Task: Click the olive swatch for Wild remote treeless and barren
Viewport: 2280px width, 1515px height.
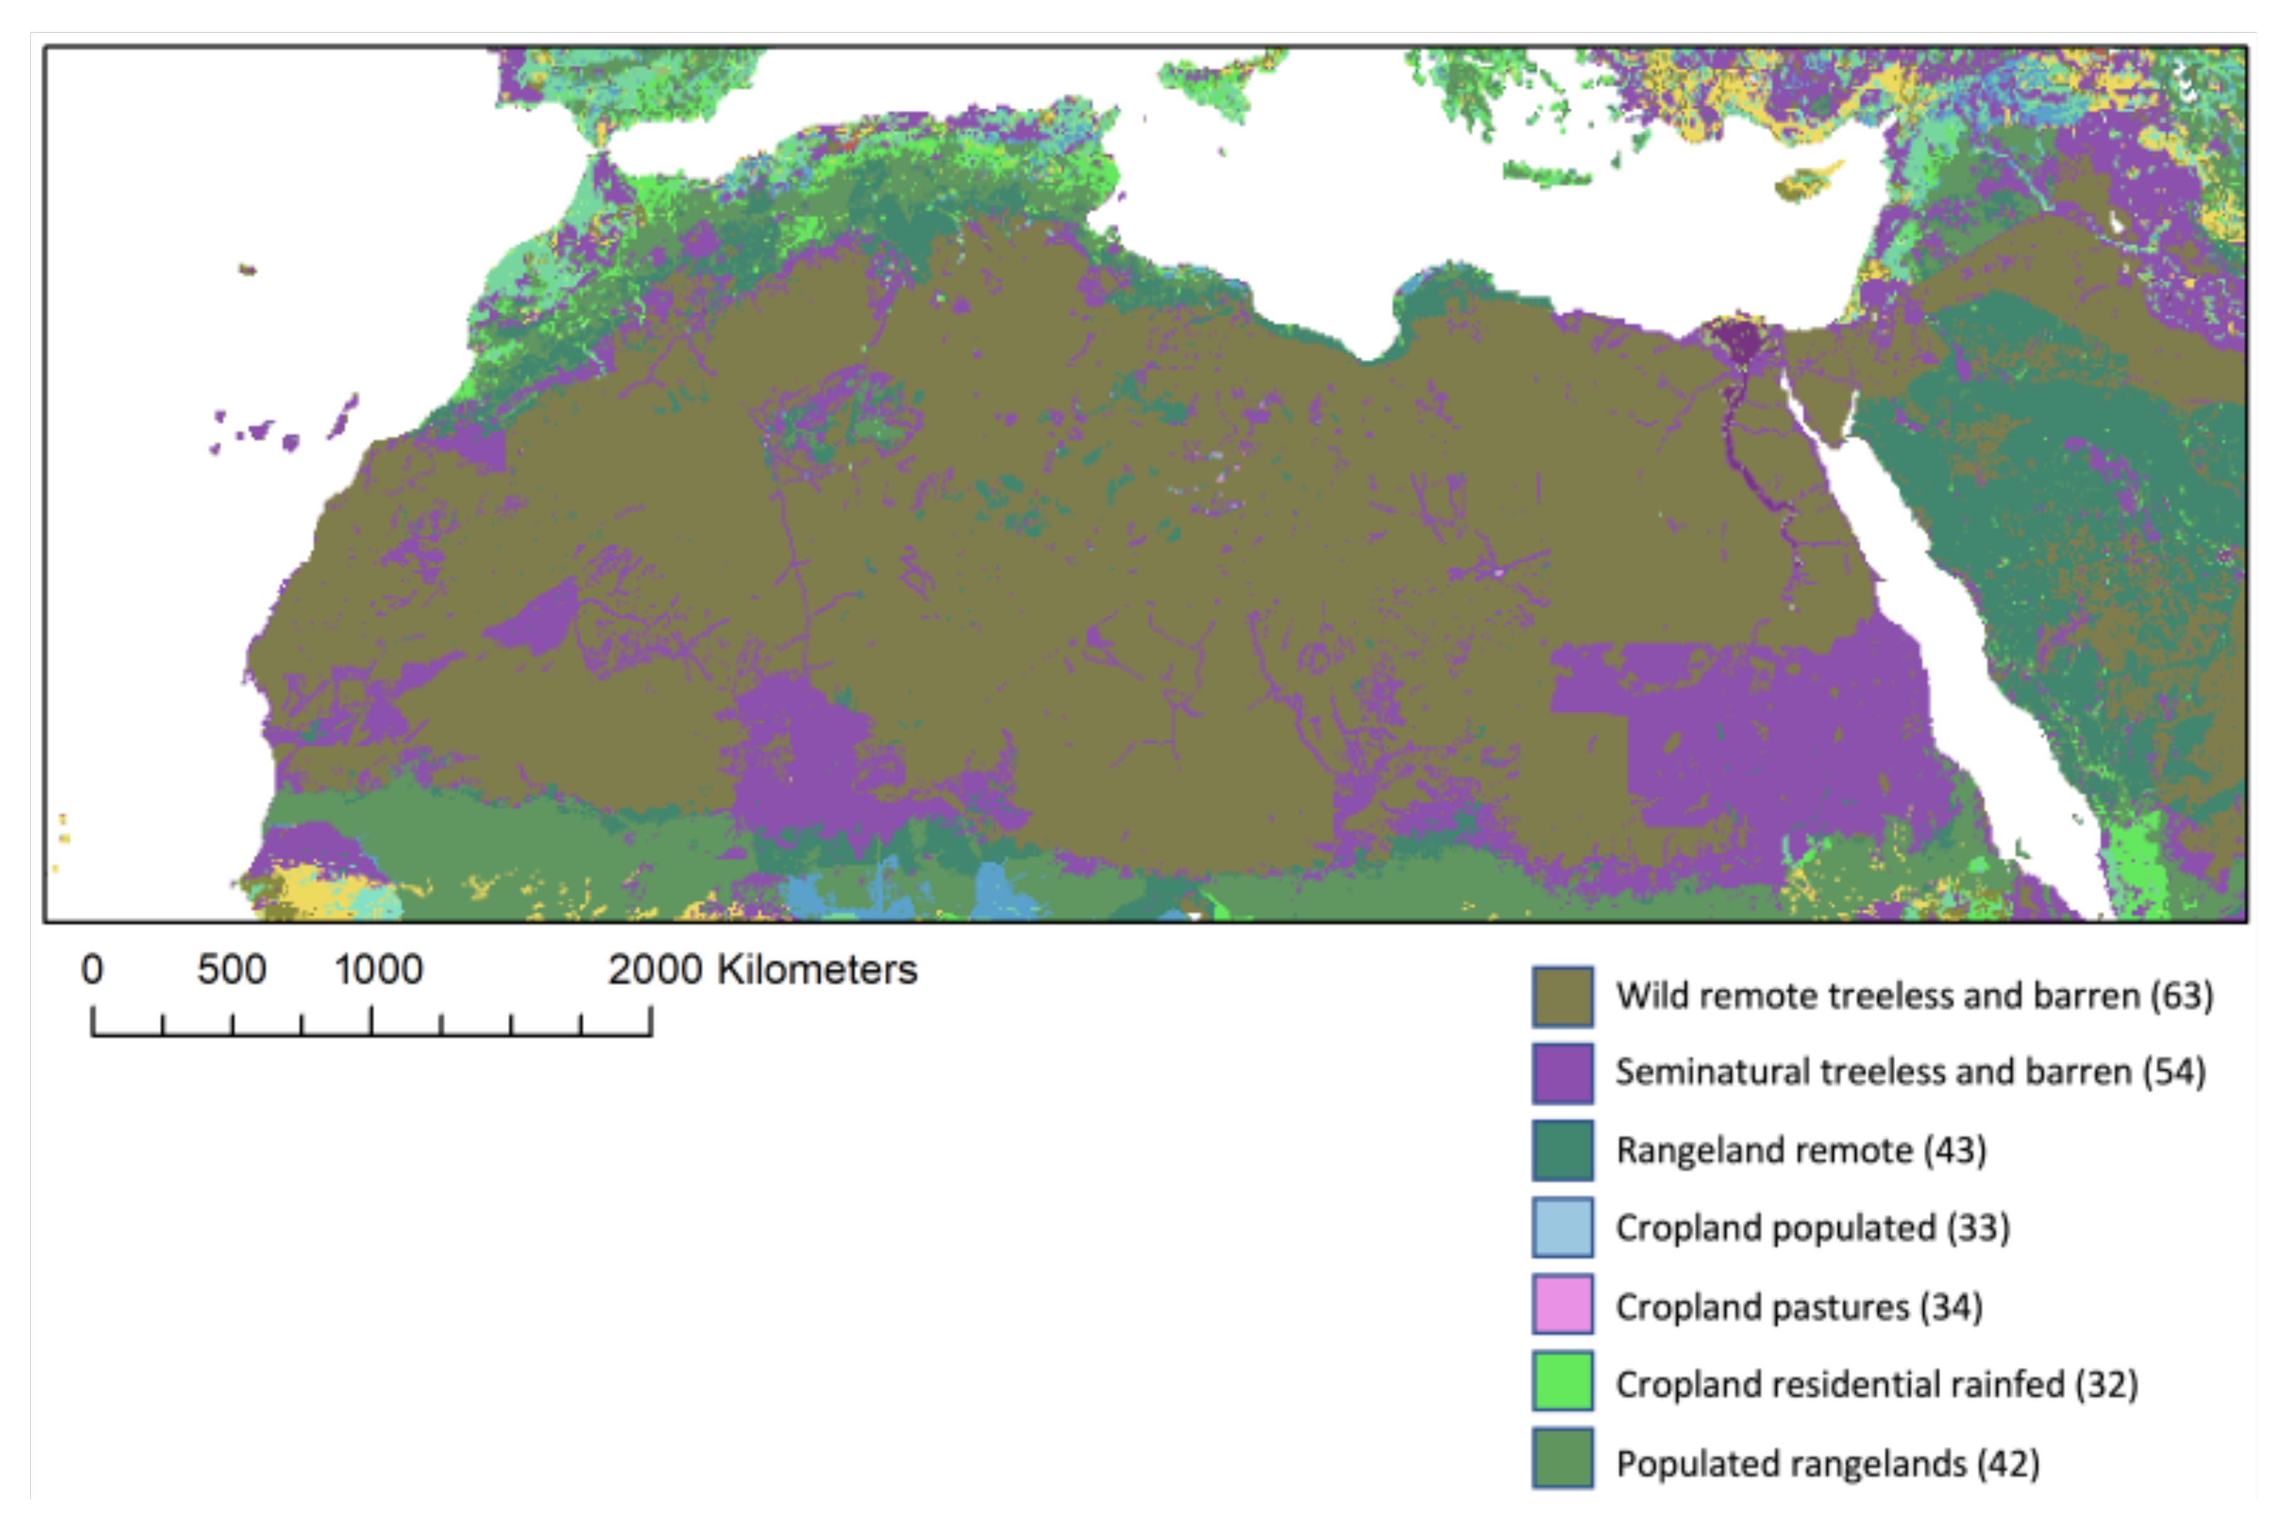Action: coord(1562,996)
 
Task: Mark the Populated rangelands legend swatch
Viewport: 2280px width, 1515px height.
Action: coord(1562,1460)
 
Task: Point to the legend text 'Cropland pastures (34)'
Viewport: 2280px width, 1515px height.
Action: coord(1799,1306)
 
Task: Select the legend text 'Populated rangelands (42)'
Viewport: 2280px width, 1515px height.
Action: coord(1828,1463)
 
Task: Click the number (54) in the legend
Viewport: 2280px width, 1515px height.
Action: coord(2174,1072)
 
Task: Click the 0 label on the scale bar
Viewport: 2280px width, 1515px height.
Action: coord(92,969)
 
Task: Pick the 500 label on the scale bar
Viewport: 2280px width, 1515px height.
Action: coord(232,969)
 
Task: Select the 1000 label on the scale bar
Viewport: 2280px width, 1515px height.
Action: coord(379,969)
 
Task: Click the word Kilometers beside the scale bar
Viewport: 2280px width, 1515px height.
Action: coord(816,969)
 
